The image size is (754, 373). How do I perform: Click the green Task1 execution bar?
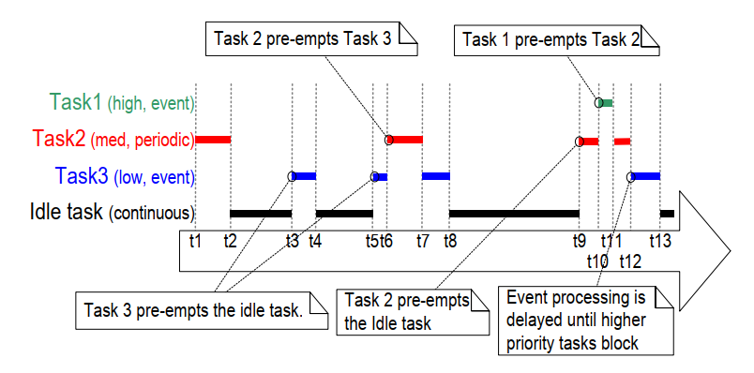pos(607,101)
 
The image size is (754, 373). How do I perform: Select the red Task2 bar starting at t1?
pos(213,140)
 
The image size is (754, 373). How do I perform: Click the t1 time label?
pos(195,240)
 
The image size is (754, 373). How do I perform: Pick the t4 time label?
pos(315,240)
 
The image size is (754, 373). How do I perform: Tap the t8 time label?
pos(450,240)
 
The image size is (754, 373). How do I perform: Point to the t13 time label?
pos(660,240)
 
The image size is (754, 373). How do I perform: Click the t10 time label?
pos(598,260)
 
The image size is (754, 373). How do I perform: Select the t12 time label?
pos(630,260)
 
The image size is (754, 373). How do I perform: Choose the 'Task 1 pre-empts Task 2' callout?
pos(558,39)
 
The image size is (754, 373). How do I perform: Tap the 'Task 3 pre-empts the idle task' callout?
pos(192,310)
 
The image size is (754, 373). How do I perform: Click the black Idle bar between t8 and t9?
pos(514,213)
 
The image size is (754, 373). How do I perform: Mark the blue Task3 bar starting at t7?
pos(436,175)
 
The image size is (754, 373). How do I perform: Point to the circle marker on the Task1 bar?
pos(598,101)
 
